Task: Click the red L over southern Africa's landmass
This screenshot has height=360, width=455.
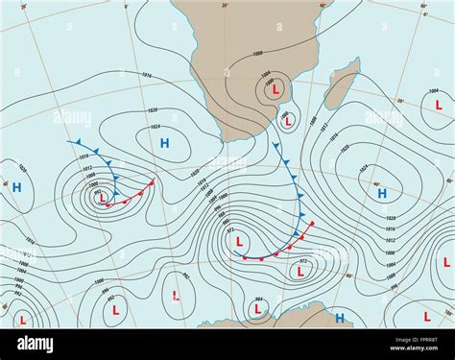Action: click(x=276, y=89)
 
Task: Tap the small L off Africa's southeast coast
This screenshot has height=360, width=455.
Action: click(x=285, y=122)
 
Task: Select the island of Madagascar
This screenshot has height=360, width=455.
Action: click(x=341, y=84)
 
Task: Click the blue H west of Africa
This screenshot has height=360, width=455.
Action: click(x=164, y=143)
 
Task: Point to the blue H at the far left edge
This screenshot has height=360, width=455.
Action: click(x=16, y=187)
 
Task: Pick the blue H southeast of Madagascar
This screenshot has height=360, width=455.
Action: click(x=382, y=193)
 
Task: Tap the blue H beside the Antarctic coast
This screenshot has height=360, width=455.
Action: click(x=339, y=318)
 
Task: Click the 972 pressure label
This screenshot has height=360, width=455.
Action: click(x=304, y=260)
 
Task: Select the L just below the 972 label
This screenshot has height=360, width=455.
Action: click(x=299, y=272)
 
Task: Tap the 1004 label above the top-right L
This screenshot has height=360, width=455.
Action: click(x=434, y=90)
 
